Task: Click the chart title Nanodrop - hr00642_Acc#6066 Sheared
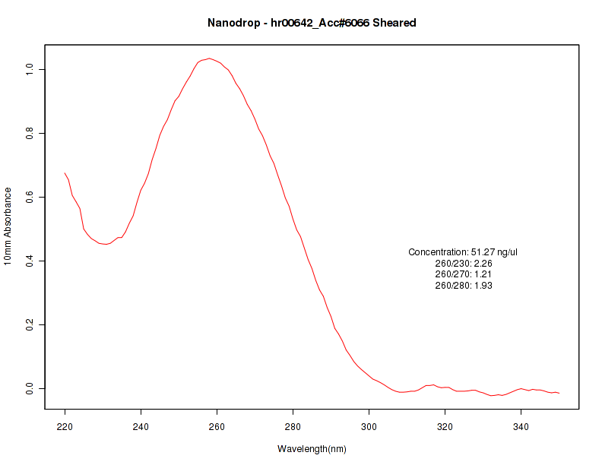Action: click(312, 23)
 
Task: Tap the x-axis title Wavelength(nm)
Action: click(312, 449)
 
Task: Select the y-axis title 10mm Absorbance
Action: click(8, 226)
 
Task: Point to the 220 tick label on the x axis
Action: click(65, 426)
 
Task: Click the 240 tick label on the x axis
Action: click(141, 426)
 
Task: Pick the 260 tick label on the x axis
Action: click(217, 426)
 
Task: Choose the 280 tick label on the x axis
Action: click(293, 426)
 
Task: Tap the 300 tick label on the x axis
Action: click(369, 426)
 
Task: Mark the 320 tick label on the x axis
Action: click(445, 426)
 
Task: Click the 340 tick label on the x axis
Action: click(521, 426)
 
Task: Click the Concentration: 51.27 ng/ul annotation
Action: click(463, 252)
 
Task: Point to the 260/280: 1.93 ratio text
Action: click(463, 286)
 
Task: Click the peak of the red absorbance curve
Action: click(209, 59)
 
